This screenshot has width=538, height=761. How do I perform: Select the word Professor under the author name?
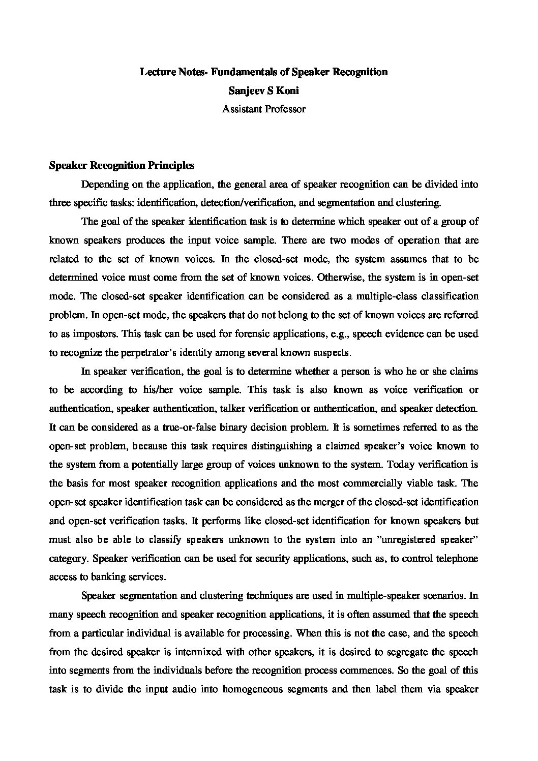coord(286,109)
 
